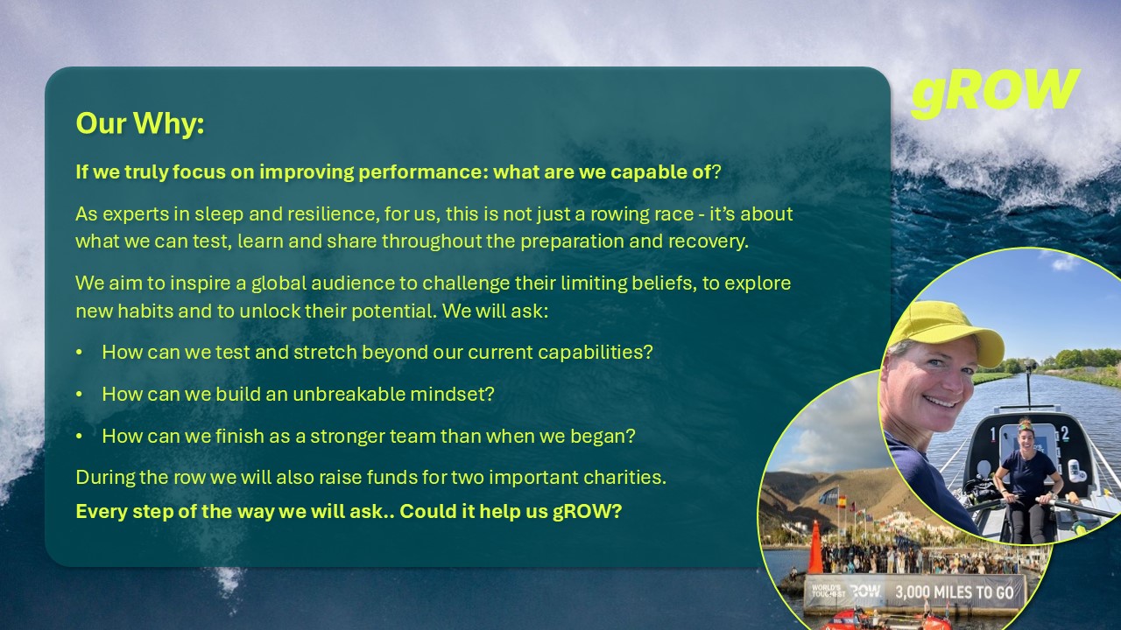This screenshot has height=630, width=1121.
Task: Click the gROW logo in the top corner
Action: click(995, 93)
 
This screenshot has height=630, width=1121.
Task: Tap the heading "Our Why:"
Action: click(140, 123)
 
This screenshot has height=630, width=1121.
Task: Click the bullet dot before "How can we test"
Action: click(79, 352)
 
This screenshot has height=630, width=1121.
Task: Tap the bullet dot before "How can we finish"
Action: click(79, 436)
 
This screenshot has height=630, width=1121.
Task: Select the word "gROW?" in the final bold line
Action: click(587, 512)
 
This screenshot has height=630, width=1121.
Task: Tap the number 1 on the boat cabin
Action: click(994, 435)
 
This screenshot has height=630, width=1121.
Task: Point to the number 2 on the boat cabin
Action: click(1065, 433)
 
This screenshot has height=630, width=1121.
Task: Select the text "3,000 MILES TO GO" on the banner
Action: click(955, 592)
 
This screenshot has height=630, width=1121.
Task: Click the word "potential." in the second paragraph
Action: click(394, 311)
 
